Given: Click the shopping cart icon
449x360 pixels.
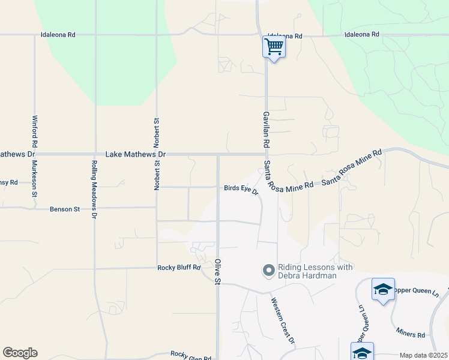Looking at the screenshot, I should pyautogui.click(x=274, y=46).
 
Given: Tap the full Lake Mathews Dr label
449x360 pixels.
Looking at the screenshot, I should pyautogui.click(x=135, y=154).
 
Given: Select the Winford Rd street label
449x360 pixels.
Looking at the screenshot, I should pyautogui.click(x=35, y=131).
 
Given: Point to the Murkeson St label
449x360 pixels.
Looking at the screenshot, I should pyautogui.click(x=35, y=178).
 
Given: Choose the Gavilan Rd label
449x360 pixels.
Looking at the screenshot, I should pyautogui.click(x=265, y=130).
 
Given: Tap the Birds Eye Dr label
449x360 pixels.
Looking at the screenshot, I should pyautogui.click(x=241, y=189).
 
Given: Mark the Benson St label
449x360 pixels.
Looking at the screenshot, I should pyautogui.click(x=65, y=209).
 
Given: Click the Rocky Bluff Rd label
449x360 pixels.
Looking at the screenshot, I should pyautogui.click(x=178, y=268).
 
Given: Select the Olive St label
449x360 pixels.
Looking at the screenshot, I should pyautogui.click(x=217, y=272).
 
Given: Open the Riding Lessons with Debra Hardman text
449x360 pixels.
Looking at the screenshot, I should pyautogui.click(x=315, y=271).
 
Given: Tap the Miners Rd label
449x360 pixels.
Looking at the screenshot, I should pyautogui.click(x=411, y=331).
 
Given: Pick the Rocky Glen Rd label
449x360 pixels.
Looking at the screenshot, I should pyautogui.click(x=190, y=355).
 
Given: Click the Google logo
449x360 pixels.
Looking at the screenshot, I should pyautogui.click(x=20, y=353).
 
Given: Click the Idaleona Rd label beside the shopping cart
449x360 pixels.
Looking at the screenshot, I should pyautogui.click(x=285, y=36).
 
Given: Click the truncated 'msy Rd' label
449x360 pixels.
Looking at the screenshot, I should pyautogui.click(x=9, y=182).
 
